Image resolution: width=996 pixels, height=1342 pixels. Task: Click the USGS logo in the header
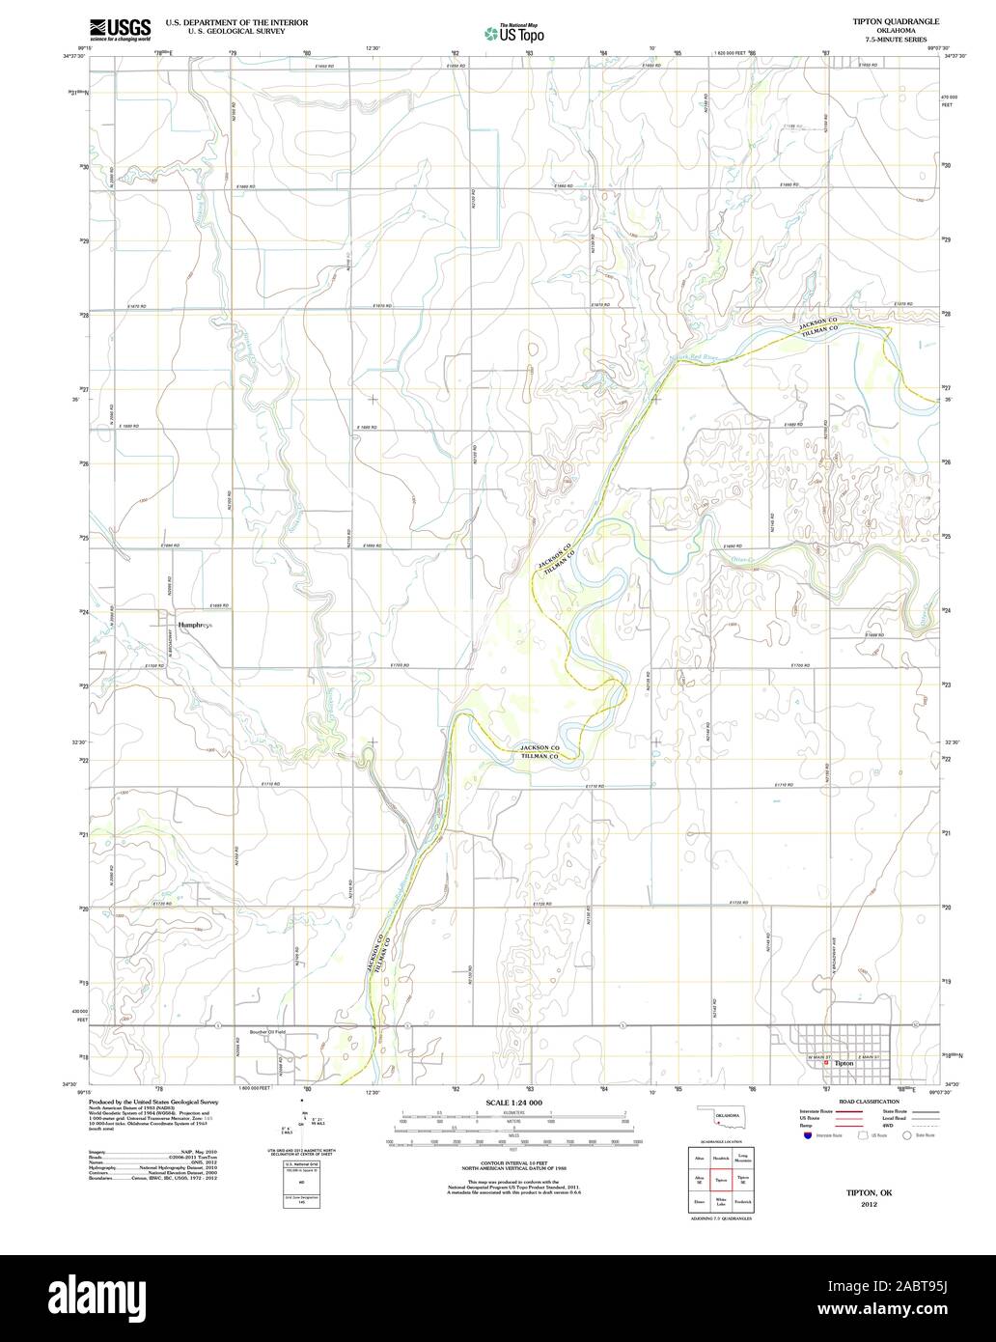[120, 29]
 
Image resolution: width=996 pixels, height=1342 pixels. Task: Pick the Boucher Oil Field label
[267, 1032]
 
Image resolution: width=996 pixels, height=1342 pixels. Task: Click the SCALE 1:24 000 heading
[513, 1102]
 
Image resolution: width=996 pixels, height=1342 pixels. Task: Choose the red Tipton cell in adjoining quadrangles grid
[720, 1180]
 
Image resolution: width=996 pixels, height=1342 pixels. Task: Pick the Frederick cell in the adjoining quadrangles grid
[742, 1202]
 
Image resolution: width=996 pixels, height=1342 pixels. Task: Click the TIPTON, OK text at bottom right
[870, 1193]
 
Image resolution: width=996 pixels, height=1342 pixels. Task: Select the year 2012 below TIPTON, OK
[870, 1205]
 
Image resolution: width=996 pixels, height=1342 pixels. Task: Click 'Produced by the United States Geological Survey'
[153, 1101]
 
